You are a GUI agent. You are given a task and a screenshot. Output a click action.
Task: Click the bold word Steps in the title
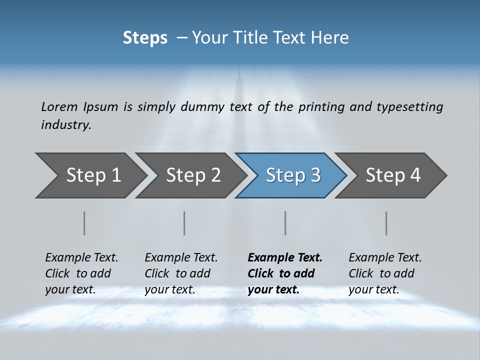pyautogui.click(x=145, y=38)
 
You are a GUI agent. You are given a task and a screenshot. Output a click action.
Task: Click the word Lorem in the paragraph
pyautogui.click(x=59, y=106)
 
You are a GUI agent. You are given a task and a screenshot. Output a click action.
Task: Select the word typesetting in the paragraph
pyautogui.click(x=409, y=106)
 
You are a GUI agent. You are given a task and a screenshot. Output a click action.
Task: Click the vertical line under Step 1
pyautogui.click(x=84, y=223)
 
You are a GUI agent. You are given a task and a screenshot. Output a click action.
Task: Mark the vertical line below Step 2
pyautogui.click(x=184, y=223)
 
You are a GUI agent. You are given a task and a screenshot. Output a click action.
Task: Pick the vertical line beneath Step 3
pyautogui.click(x=285, y=223)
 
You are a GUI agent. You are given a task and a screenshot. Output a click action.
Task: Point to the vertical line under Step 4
pyautogui.click(x=386, y=223)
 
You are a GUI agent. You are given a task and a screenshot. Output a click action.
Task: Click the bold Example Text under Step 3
pyautogui.click(x=285, y=258)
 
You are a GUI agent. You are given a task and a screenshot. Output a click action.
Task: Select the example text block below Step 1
pyautogui.click(x=81, y=273)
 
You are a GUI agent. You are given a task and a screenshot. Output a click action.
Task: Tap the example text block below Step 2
pyautogui.click(x=181, y=273)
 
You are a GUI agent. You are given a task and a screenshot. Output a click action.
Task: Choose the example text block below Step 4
pyautogui.click(x=385, y=273)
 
